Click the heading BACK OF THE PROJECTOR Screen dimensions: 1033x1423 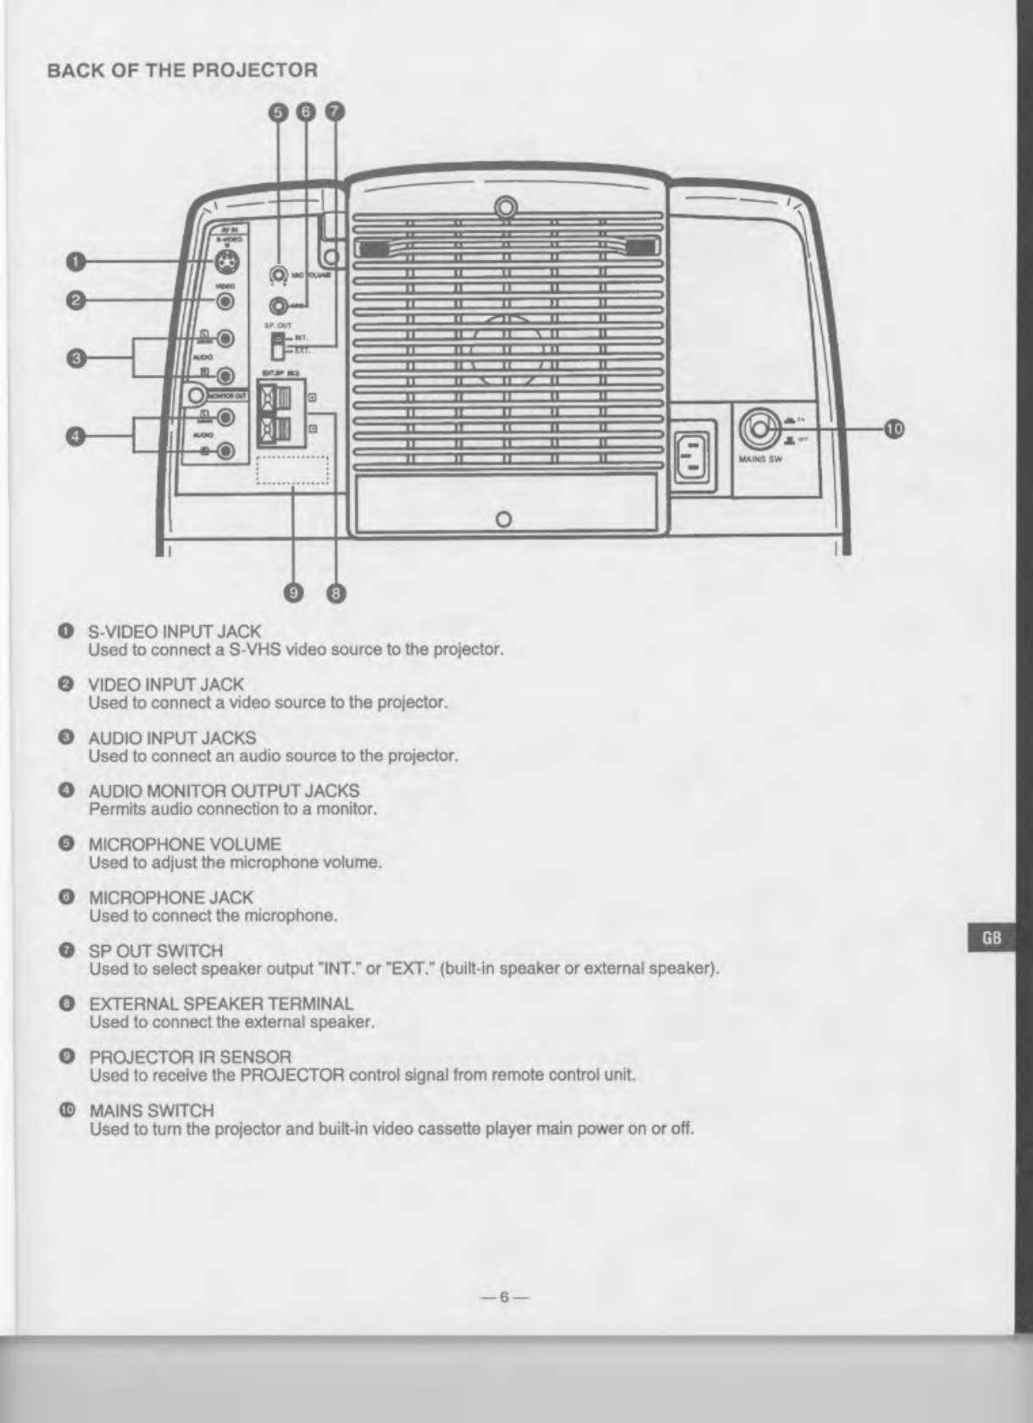pyautogui.click(x=182, y=70)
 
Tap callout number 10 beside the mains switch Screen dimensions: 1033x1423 pyautogui.click(x=892, y=429)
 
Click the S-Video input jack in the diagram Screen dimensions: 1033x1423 pyautogui.click(x=226, y=263)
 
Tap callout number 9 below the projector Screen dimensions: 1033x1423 pyautogui.click(x=293, y=593)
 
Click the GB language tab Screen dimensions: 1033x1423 pyautogui.click(x=991, y=938)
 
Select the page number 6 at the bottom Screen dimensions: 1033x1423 pyautogui.click(x=503, y=1297)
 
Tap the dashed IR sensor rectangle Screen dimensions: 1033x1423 pyautogui.click(x=292, y=470)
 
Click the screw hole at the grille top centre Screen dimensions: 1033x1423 pyautogui.click(x=506, y=208)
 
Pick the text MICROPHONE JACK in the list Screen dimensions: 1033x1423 pyautogui.click(x=171, y=897)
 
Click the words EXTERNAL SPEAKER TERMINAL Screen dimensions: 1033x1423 pyautogui.click(x=221, y=1004)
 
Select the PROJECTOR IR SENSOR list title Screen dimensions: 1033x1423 pyautogui.click(x=190, y=1057)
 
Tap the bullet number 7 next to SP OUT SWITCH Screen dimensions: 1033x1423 pyautogui.click(x=64, y=950)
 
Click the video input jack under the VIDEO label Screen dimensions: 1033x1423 pyautogui.click(x=225, y=300)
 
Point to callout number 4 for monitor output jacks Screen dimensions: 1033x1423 pyautogui.click(x=75, y=436)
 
